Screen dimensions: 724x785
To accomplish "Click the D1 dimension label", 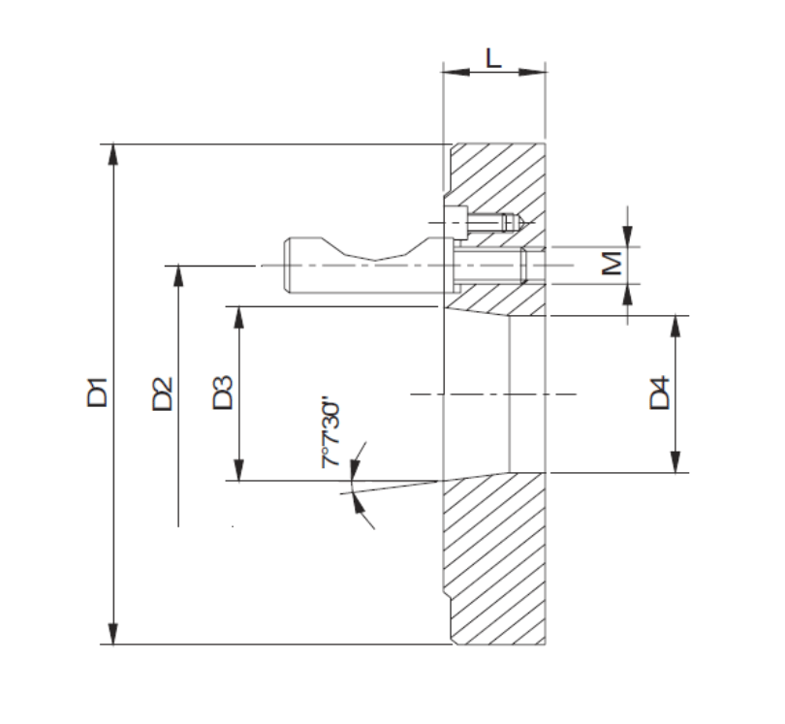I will pos(97,394).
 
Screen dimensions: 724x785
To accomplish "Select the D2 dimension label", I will pos(162,394).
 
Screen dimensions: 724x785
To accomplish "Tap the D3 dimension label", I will pos(223,394).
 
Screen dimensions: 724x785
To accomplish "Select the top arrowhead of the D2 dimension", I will pos(177,273).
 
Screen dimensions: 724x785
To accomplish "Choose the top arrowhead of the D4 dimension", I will pos(675,324).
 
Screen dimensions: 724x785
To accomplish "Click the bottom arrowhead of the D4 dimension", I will pos(675,463).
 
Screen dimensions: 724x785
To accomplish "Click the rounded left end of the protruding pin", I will pos(289,265).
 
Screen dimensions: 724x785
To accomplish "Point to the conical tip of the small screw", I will pos(520,223).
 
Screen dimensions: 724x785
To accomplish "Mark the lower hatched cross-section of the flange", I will pos(494,562).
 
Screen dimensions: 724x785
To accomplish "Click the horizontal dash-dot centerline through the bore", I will pos(494,393).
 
